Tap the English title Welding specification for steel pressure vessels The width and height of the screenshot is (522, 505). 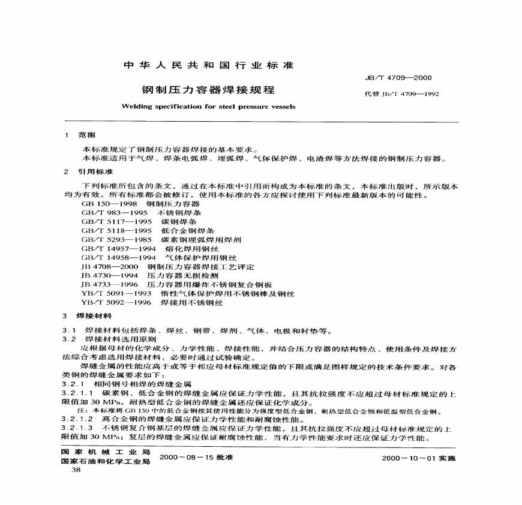[x=208, y=106]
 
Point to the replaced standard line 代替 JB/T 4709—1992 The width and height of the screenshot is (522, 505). [x=398, y=94]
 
